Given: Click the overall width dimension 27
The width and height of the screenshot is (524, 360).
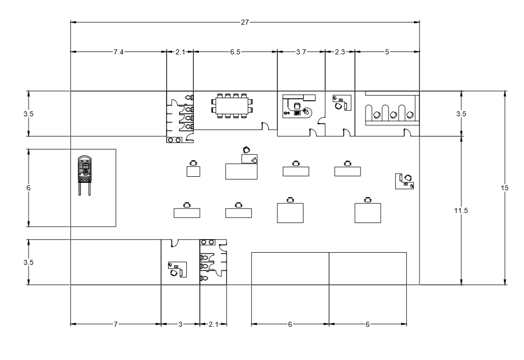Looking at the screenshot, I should click(245, 22).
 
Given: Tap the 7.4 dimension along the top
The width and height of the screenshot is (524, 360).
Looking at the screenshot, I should click(118, 52).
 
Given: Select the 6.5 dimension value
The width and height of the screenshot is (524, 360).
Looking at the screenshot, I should click(235, 52).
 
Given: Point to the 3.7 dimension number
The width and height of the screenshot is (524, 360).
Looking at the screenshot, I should click(301, 52).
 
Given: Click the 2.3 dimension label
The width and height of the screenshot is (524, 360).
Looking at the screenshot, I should click(340, 52).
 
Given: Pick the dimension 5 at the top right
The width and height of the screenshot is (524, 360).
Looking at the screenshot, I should click(387, 52).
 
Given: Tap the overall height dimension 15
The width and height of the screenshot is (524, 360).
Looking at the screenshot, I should click(505, 188).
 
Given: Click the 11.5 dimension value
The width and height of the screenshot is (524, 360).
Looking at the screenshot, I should click(461, 210).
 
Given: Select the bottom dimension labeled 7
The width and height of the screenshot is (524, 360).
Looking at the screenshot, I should click(115, 325).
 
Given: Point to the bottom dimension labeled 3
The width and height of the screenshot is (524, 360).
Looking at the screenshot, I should click(180, 325).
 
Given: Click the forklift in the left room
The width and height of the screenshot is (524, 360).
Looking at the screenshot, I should click(84, 174).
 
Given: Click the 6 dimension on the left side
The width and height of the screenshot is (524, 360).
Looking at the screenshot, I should click(28, 188).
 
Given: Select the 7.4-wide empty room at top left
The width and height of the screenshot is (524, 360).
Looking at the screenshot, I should click(118, 114).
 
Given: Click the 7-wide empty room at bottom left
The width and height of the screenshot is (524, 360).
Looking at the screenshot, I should click(115, 262).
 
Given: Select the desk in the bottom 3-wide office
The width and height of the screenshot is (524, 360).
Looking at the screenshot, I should click(177, 269).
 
